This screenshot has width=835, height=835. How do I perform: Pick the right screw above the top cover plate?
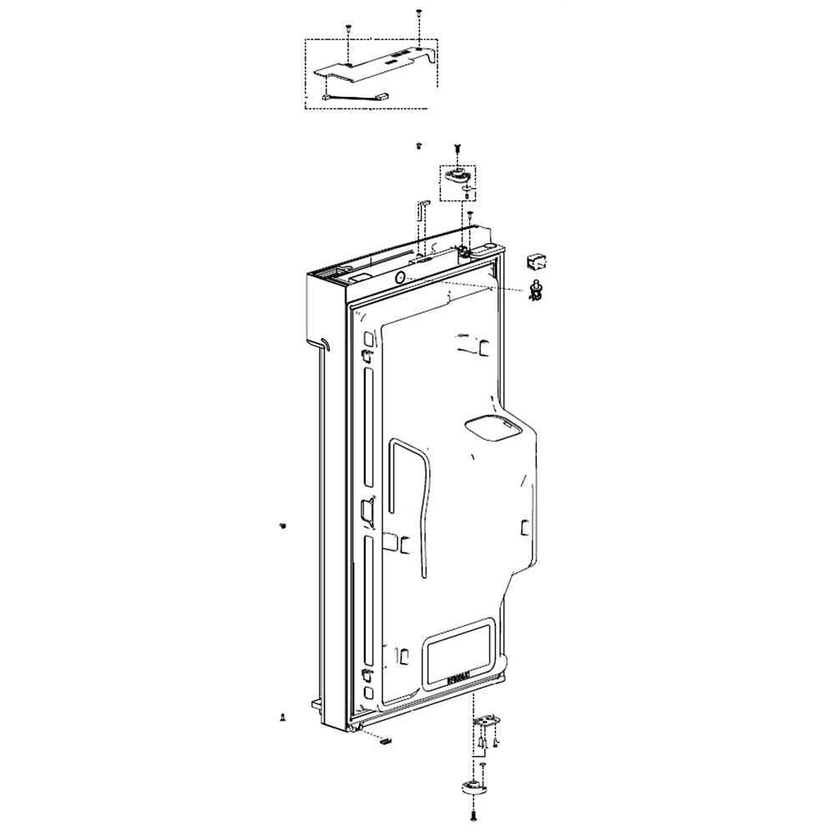[x=417, y=13]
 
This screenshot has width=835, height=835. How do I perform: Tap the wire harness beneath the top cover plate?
[x=351, y=100]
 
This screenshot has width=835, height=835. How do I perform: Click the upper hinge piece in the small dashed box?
[x=458, y=175]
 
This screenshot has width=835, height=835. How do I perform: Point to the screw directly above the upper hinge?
[x=458, y=148]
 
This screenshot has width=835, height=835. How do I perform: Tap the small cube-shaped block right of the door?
[x=535, y=261]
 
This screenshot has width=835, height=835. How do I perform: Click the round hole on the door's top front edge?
[x=399, y=277]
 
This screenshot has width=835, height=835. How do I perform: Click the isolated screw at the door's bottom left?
[x=283, y=717]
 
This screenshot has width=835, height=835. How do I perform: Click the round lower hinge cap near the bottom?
[x=473, y=787]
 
